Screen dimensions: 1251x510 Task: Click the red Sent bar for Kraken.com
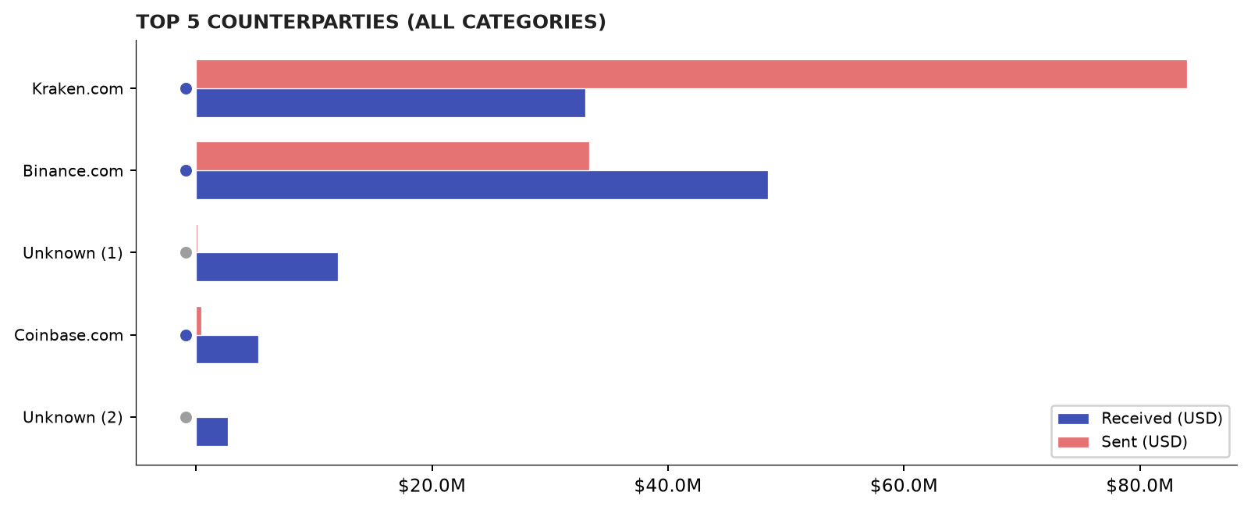click(x=691, y=74)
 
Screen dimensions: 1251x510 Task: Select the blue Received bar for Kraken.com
click(x=391, y=103)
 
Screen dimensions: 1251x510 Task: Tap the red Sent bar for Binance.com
click(x=393, y=156)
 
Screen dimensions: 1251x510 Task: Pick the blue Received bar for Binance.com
click(x=482, y=185)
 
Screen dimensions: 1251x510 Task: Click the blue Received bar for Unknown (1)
click(x=267, y=267)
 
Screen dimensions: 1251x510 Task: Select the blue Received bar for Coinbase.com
click(x=227, y=349)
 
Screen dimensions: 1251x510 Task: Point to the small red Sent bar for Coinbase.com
click(x=199, y=321)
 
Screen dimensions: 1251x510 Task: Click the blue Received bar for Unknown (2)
click(x=212, y=432)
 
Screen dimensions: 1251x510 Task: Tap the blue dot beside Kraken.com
click(x=186, y=88)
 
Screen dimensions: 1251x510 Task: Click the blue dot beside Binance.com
click(x=186, y=170)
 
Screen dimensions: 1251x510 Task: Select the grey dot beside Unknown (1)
click(x=186, y=253)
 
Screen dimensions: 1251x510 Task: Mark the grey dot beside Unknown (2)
click(x=186, y=417)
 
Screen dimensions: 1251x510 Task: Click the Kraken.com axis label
click(x=77, y=89)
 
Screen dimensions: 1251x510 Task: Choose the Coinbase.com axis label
click(x=69, y=336)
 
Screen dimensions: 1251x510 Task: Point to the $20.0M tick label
click(x=432, y=486)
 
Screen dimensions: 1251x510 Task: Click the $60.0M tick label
click(x=904, y=486)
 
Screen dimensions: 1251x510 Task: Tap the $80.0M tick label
click(x=1140, y=486)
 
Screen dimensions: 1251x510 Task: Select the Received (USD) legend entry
click(x=1140, y=419)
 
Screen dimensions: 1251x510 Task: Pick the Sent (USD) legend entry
click(x=1122, y=442)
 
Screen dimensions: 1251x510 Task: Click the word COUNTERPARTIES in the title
click(x=304, y=23)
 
